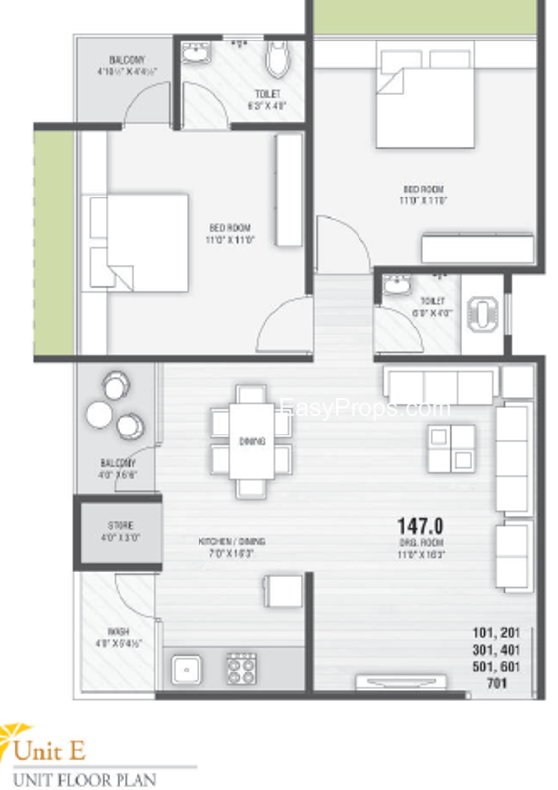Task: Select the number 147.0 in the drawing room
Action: tap(421, 526)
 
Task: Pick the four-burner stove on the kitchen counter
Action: tap(242, 670)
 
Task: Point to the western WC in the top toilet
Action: tap(279, 63)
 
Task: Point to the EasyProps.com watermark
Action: tap(365, 407)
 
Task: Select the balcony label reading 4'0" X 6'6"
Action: tap(118, 468)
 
